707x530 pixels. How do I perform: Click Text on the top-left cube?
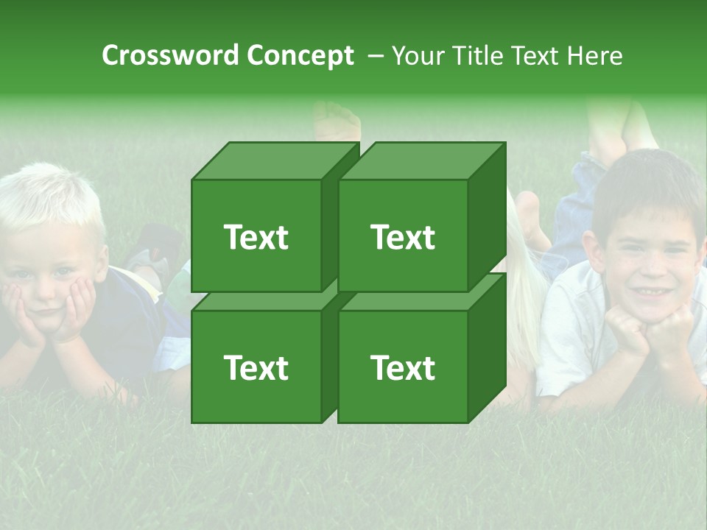256,237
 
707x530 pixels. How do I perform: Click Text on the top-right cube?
403,237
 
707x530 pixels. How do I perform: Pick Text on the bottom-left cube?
256,367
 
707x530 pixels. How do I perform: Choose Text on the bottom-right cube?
403,367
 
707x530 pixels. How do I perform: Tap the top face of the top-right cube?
421,161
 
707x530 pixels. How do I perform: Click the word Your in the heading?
419,55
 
